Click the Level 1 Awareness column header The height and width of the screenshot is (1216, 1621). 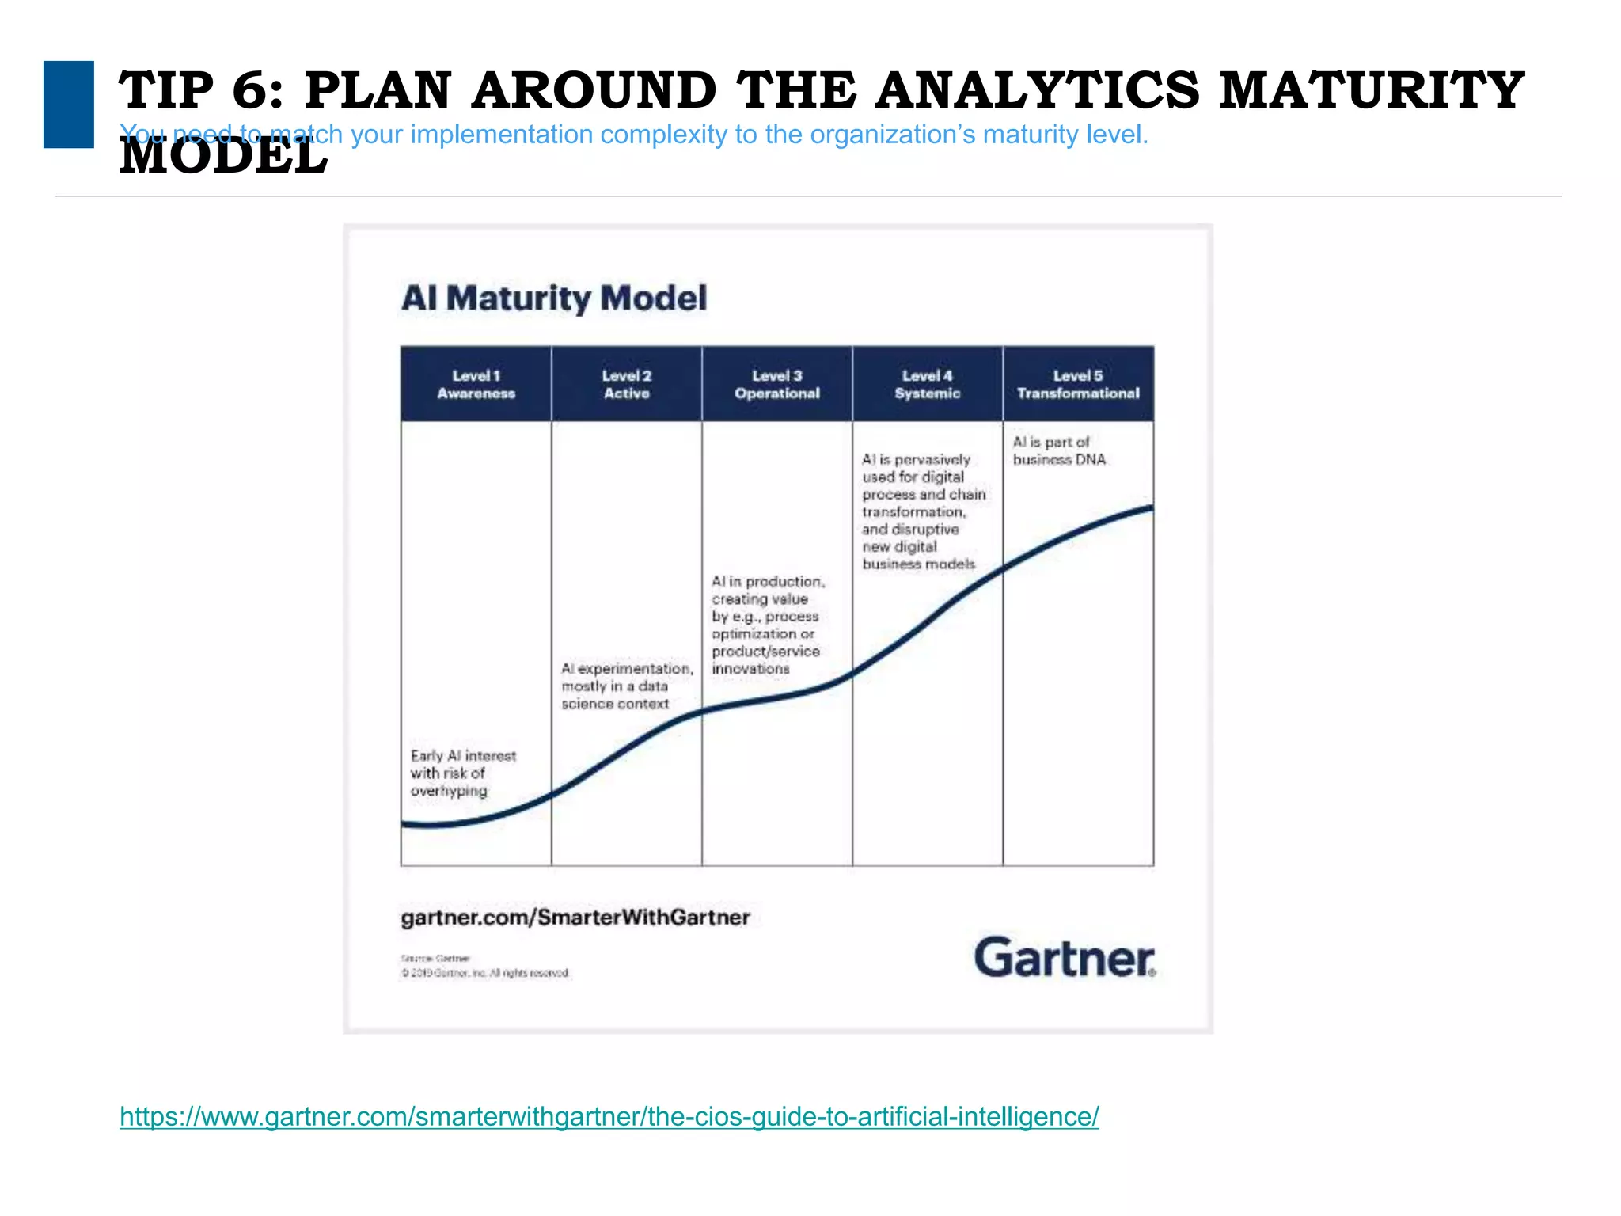pos(476,384)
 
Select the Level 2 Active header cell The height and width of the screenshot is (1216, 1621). pos(626,384)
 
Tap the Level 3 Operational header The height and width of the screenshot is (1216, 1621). pos(776,384)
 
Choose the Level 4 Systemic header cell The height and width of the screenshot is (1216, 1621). pos(927,384)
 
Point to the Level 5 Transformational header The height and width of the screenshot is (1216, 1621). pos(1078,384)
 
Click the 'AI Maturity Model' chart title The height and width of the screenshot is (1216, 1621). pos(554,298)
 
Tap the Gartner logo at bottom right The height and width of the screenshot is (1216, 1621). pos(1065,958)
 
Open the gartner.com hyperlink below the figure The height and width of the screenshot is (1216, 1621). pos(609,1116)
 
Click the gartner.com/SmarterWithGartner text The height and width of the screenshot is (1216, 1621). pos(575,918)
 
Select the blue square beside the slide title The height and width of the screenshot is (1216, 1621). pos(69,104)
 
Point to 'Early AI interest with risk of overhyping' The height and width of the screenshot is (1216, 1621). pos(462,773)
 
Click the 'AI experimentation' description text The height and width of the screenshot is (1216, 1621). pos(626,686)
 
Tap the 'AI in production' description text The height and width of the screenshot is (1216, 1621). pos(766,625)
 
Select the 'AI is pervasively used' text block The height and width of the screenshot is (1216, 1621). pos(923,511)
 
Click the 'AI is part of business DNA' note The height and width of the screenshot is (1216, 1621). pos(1058,450)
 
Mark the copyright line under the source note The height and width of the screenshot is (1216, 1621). pos(484,973)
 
